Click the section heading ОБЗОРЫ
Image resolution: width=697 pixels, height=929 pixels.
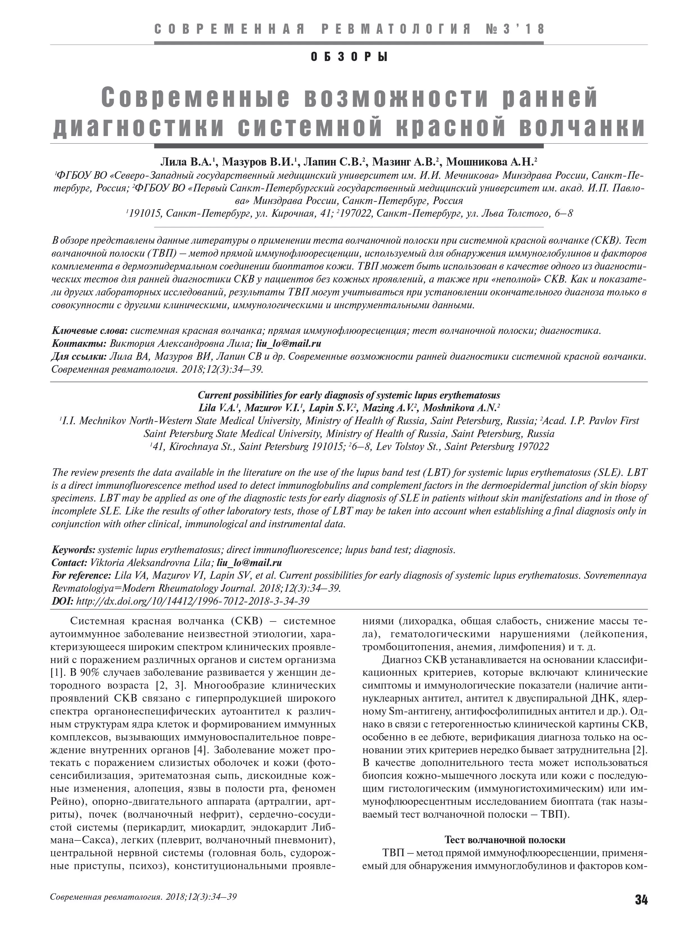(x=349, y=56)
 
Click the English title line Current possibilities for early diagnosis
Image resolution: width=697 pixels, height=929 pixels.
(x=349, y=395)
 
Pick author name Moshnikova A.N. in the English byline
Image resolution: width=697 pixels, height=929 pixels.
(x=461, y=408)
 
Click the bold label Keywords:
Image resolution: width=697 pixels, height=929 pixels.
(x=73, y=550)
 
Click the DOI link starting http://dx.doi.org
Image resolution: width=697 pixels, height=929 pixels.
(x=193, y=601)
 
